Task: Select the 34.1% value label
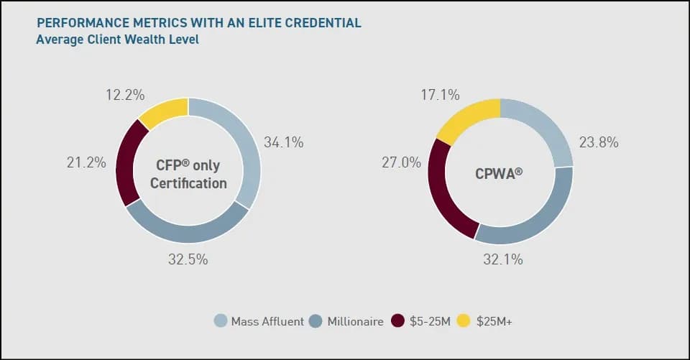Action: click(x=283, y=142)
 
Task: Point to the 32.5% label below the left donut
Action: click(x=188, y=259)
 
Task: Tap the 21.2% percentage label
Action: click(x=86, y=162)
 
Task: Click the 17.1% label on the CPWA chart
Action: click(x=440, y=95)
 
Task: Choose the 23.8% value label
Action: click(x=599, y=142)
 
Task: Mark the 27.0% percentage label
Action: click(x=401, y=162)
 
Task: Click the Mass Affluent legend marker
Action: click(x=221, y=321)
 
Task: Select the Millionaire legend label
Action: click(x=355, y=322)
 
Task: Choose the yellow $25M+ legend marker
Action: click(x=464, y=321)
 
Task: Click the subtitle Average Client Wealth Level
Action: click(x=117, y=40)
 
